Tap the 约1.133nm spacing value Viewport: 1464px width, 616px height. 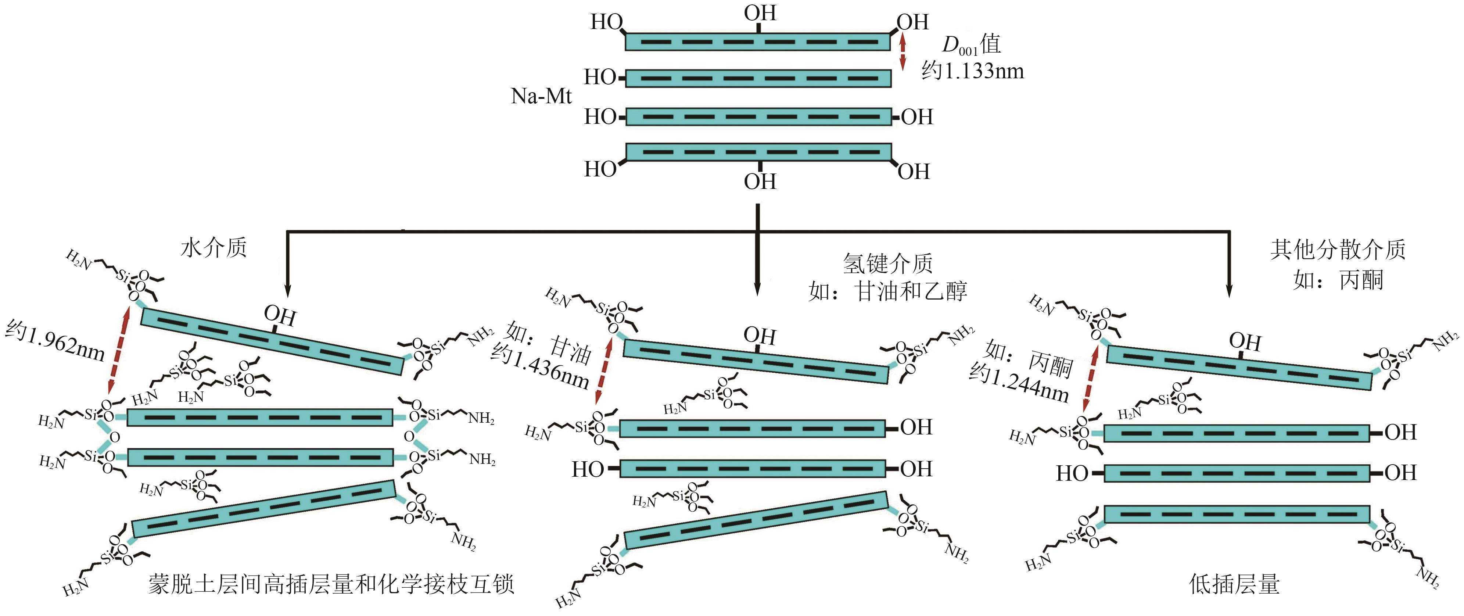pyautogui.click(x=972, y=71)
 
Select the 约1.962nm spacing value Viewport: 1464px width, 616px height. pyautogui.click(x=55, y=341)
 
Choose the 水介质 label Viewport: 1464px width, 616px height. pyautogui.click(x=214, y=248)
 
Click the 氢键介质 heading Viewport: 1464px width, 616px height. pyautogui.click(x=888, y=264)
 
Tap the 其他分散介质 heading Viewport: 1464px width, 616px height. pyautogui.click(x=1338, y=249)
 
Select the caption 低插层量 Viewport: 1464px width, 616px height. pyautogui.click(x=1234, y=584)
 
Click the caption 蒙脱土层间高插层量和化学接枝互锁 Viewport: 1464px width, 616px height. pyautogui.click(x=331, y=584)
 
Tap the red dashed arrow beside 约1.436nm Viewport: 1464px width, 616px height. pyautogui.click(x=602, y=369)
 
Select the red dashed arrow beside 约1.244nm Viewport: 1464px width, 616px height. pyautogui.click(x=1090, y=377)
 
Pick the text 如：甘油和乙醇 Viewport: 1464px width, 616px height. pyautogui.click(x=888, y=291)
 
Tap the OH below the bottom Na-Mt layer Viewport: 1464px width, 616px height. pyautogui.click(x=760, y=182)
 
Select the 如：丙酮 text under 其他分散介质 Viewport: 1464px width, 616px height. pyautogui.click(x=1338, y=280)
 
